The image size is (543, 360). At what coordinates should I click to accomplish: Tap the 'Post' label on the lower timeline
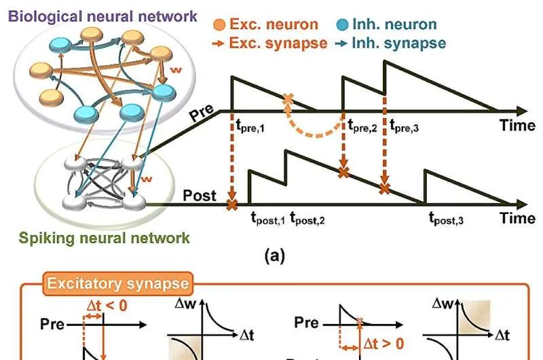point(200,196)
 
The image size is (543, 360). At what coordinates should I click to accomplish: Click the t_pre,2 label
point(362,126)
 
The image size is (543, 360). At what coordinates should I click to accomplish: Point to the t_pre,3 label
point(406,126)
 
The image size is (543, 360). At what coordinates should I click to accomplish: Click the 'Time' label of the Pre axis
point(518,126)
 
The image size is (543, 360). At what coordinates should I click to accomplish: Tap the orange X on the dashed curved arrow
point(288,100)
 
